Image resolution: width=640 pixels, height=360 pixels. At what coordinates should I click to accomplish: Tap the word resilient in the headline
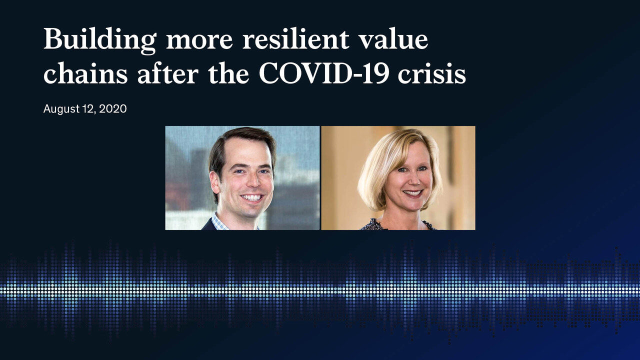(x=295, y=39)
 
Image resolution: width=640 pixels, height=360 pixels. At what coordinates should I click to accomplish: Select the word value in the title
(x=393, y=39)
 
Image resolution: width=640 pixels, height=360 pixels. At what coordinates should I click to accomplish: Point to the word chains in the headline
(x=85, y=73)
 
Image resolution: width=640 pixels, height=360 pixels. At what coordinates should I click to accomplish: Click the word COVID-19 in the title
(x=323, y=73)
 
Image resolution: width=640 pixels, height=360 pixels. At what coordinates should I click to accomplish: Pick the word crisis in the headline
(x=432, y=73)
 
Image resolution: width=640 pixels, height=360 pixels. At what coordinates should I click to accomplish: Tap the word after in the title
(x=167, y=73)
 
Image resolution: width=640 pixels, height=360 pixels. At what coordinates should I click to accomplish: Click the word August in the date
(x=61, y=109)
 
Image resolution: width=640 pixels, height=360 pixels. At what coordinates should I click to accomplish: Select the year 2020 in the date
(x=113, y=109)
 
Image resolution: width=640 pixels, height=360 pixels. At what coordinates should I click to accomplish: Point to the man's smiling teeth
(x=251, y=197)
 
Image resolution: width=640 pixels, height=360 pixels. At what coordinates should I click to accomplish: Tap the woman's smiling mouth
(x=413, y=193)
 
